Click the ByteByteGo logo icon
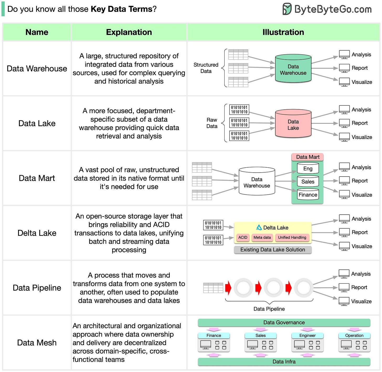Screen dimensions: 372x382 (287, 9)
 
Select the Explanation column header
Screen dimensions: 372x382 (129, 32)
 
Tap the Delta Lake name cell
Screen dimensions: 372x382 (37, 233)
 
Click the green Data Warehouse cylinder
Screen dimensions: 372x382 (293, 69)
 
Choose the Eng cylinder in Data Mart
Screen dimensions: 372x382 (308, 168)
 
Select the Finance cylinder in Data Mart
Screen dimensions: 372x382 (308, 195)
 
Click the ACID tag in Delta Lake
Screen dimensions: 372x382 (243, 237)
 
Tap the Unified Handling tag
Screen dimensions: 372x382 (292, 237)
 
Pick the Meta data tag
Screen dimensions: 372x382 (262, 237)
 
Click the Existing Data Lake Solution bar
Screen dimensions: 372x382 (273, 250)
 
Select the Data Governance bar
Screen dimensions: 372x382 (284, 322)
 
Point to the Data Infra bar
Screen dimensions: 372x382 (284, 362)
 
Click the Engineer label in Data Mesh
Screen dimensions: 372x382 (307, 336)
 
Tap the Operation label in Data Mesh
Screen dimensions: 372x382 (354, 336)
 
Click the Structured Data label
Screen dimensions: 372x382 (206, 68)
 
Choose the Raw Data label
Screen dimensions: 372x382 (212, 123)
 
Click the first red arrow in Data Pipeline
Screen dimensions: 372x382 (228, 288)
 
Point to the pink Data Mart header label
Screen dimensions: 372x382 (308, 157)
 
